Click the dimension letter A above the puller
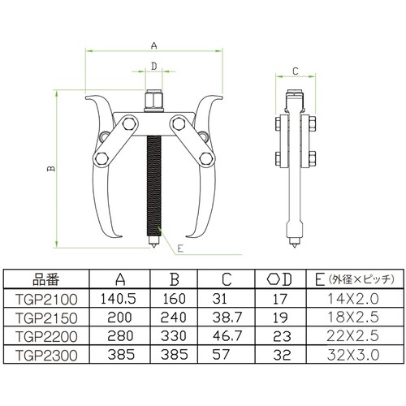pos(153,45)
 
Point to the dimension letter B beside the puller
pos(51,168)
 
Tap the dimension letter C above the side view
pos(296,71)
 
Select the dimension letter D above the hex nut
pos(153,66)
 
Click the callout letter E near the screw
pos(180,248)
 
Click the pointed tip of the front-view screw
pos(153,247)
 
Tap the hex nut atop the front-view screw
pos(153,101)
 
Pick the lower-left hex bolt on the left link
pos(101,158)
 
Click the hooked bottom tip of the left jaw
pos(120,237)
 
